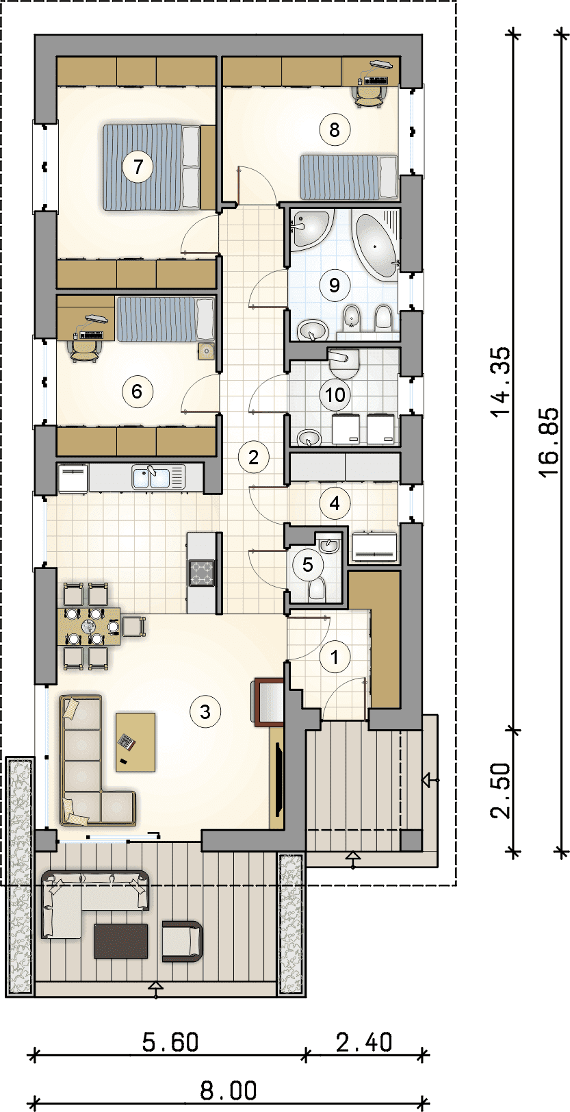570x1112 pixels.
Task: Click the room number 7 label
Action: tap(138, 167)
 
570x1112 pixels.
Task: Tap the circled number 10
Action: tap(335, 394)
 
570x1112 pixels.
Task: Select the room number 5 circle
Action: tap(307, 564)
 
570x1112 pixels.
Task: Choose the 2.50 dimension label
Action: tap(500, 790)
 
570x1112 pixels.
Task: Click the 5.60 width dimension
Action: tap(170, 1042)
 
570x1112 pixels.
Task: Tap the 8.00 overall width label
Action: tap(229, 1091)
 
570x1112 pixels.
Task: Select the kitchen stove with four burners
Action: tap(201, 573)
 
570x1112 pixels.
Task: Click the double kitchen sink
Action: tap(151, 478)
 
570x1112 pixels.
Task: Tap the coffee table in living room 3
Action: tap(135, 742)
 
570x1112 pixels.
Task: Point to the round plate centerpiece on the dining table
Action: tap(90, 626)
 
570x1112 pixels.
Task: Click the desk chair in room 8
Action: tap(369, 96)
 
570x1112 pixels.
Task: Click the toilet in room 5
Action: tap(317, 590)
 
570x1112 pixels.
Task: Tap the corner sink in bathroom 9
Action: tap(309, 229)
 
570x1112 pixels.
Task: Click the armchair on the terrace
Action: tap(182, 941)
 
